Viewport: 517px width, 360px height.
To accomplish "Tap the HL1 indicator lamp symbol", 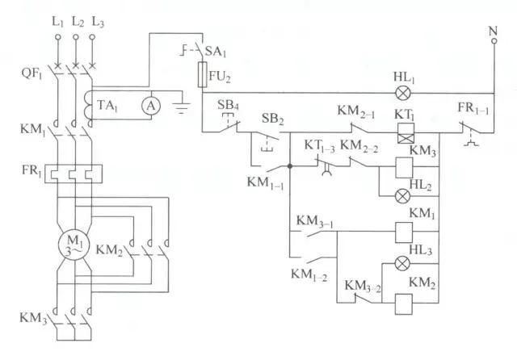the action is coord(402,93).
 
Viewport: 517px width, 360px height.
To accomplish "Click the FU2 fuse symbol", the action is coord(202,74).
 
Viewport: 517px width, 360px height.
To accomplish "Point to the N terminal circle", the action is coord(494,41).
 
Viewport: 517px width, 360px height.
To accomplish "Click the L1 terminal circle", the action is coord(57,37).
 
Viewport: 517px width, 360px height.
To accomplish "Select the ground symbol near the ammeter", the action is coord(181,108).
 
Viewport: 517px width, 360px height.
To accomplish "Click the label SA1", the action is coord(216,52).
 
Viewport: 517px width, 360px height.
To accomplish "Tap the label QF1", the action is coord(32,73).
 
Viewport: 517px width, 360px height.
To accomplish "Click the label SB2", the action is coord(273,119).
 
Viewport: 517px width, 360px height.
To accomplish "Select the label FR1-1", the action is coord(473,108).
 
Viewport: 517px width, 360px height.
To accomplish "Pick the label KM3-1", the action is coord(314,221).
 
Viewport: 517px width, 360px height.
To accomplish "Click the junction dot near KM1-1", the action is coord(290,166).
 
